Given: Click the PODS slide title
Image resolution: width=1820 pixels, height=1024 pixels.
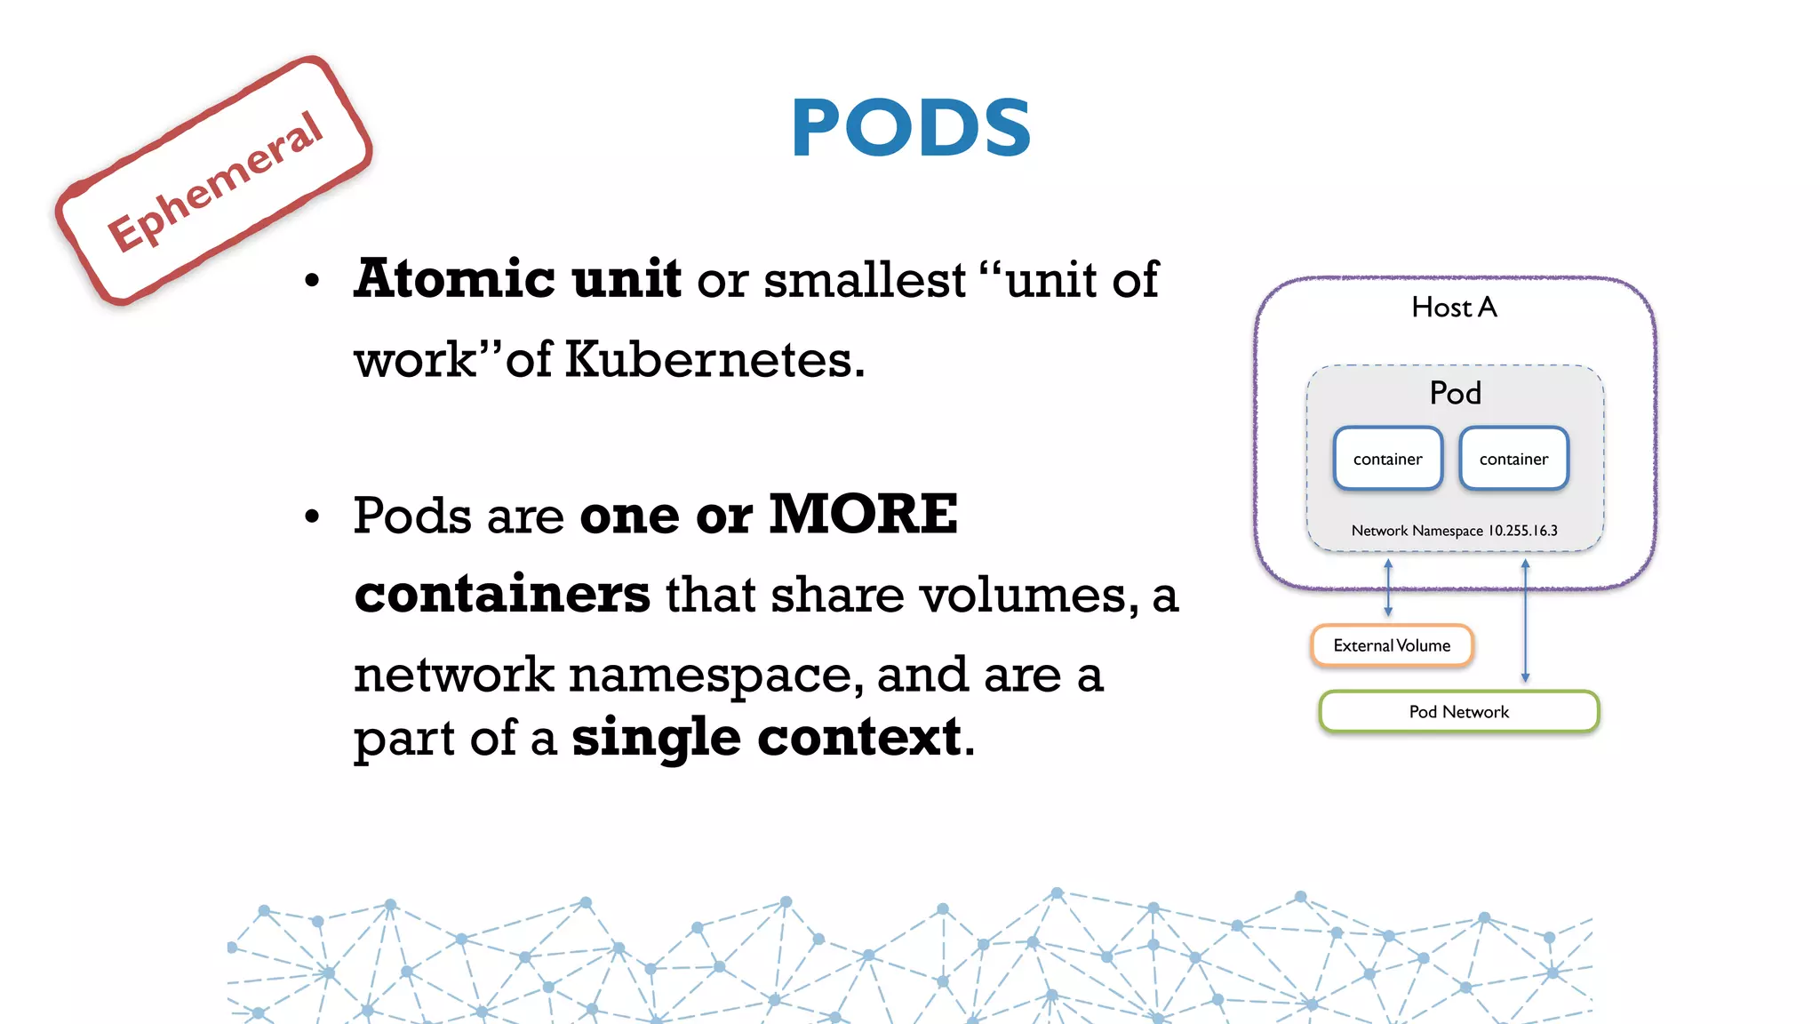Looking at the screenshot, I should [x=911, y=128].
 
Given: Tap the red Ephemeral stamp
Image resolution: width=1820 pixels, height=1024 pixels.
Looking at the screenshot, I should [x=214, y=181].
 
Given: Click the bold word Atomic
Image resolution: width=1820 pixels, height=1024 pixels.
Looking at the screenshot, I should [x=454, y=279].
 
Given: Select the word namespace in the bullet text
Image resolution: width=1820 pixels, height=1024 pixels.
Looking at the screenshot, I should [x=715, y=675].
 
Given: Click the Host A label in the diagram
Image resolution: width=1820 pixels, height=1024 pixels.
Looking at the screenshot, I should [x=1454, y=308].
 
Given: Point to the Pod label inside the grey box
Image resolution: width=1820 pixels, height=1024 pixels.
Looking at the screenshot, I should [x=1455, y=393].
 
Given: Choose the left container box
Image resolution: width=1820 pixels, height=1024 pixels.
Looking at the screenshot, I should [x=1387, y=459].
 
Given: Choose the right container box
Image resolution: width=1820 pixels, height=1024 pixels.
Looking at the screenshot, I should [x=1513, y=459].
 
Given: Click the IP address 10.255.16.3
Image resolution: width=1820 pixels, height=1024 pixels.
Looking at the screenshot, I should [x=1522, y=531].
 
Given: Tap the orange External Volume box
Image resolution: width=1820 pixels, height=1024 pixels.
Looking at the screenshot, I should [x=1392, y=645].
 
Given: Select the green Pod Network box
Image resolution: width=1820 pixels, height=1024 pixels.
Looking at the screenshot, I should [x=1458, y=711].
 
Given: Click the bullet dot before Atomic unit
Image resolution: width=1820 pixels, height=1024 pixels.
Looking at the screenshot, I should [x=311, y=281].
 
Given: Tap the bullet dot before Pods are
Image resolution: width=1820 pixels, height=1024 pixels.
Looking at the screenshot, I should [x=311, y=516].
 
